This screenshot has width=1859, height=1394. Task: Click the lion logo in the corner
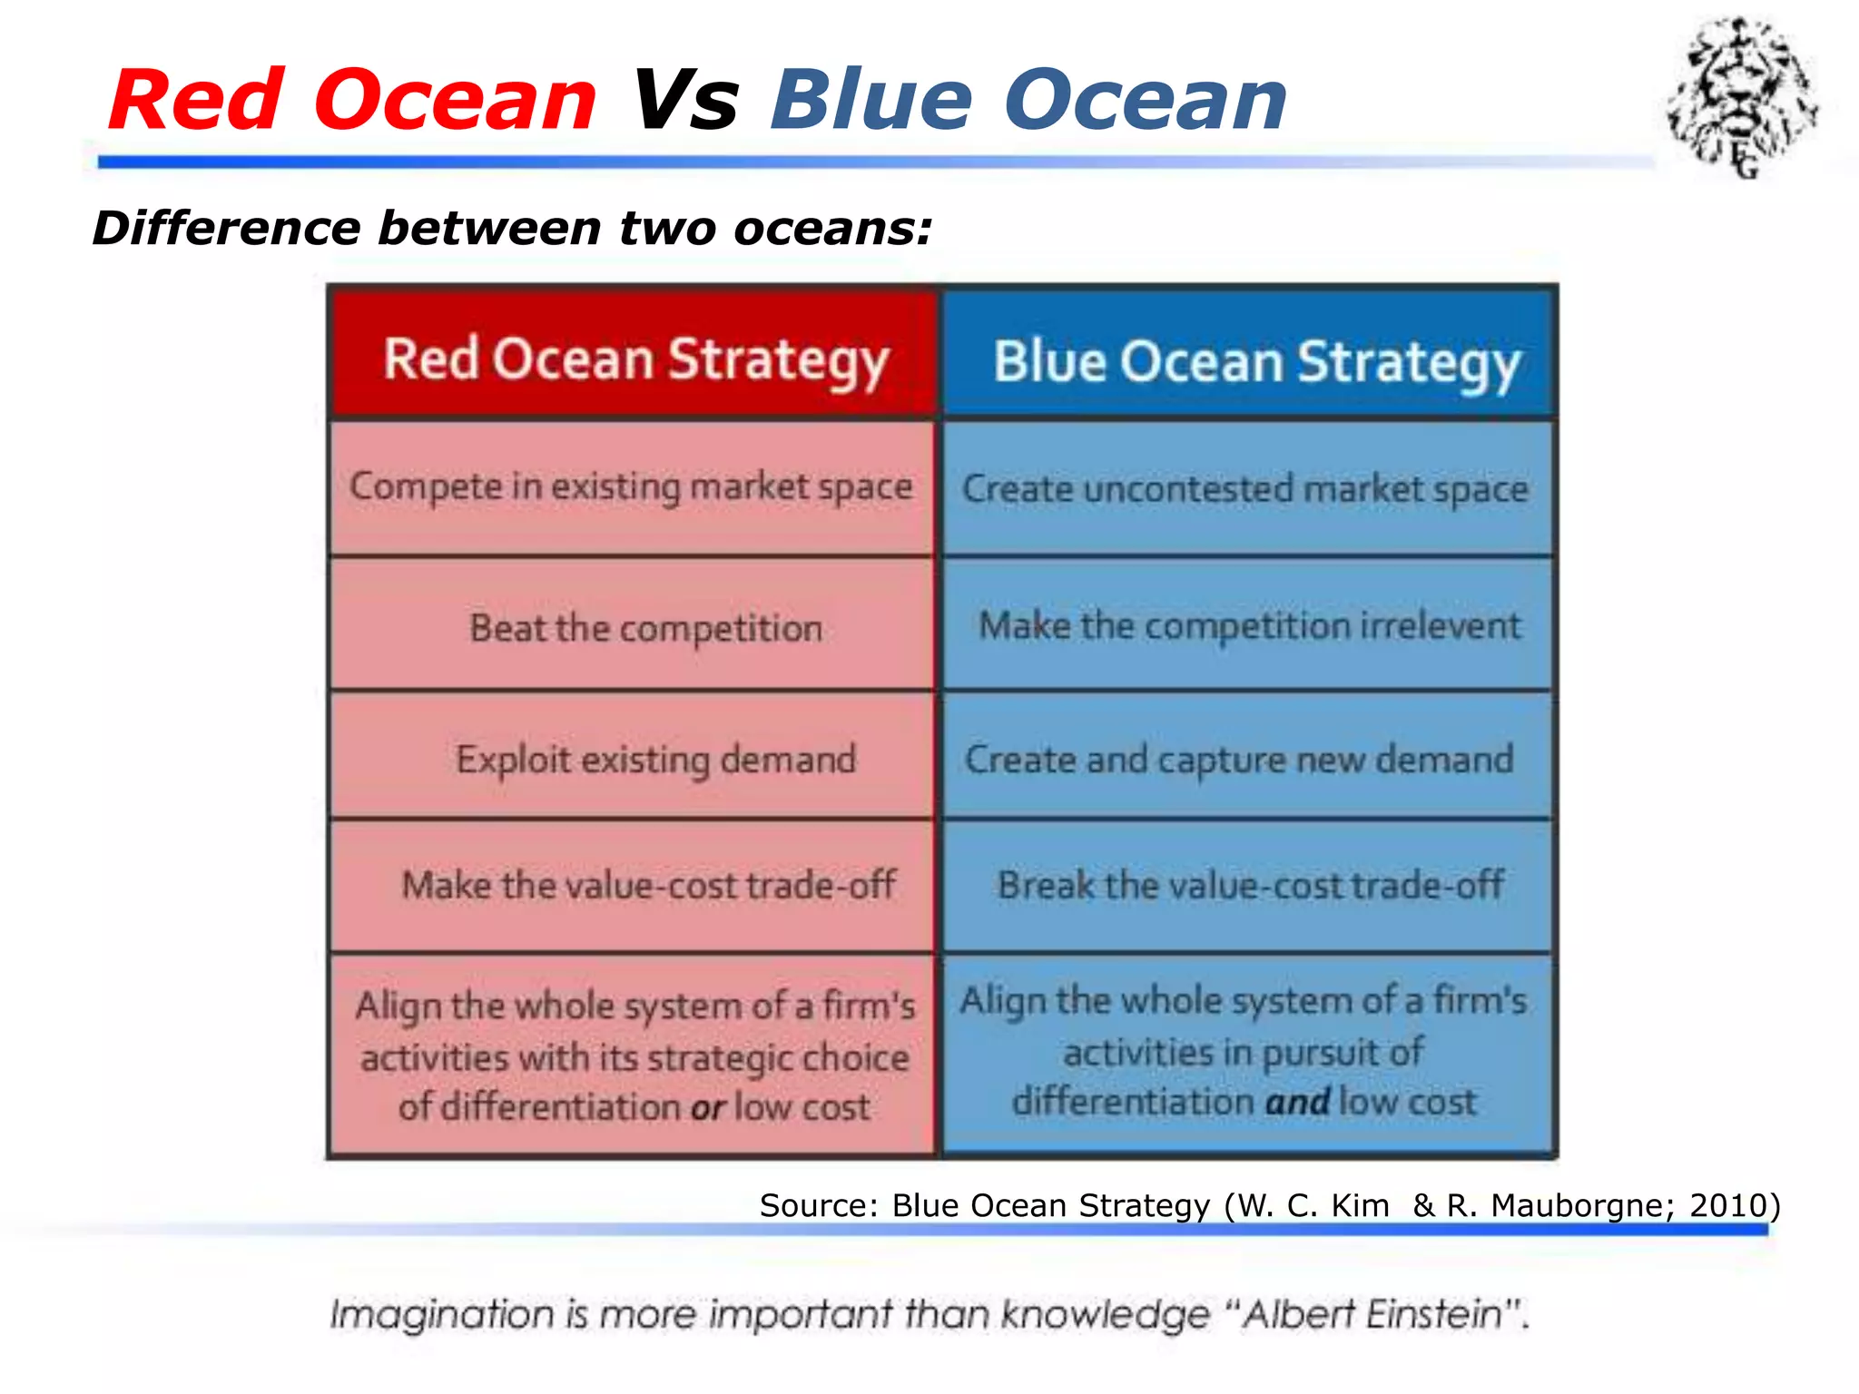coord(1741,95)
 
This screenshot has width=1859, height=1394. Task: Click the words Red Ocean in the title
coord(352,100)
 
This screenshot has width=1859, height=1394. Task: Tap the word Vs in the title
coord(684,100)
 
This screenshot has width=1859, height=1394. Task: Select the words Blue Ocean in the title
coord(1028,100)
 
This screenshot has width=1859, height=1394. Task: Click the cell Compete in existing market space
coord(632,487)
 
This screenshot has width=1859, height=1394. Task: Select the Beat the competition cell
coord(645,628)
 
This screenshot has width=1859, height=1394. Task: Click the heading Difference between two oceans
coord(512,228)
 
